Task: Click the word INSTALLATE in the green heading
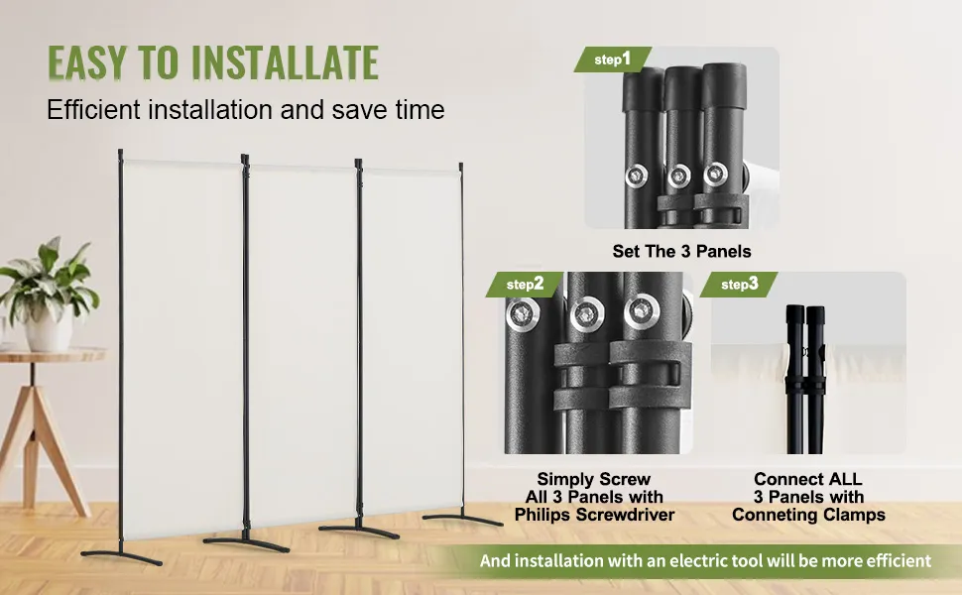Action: coord(285,62)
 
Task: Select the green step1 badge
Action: coord(612,59)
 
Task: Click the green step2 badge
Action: coord(525,284)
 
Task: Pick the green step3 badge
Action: coord(739,284)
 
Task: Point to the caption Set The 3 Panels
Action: coord(681,252)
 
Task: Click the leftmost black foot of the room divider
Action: coord(121,555)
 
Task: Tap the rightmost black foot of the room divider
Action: coord(462,519)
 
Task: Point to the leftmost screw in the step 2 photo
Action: coord(523,314)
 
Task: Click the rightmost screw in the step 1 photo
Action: coord(715,175)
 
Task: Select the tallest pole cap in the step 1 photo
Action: coord(724,84)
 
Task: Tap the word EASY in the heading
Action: coord(87,62)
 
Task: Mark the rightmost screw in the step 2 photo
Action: coord(642,311)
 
